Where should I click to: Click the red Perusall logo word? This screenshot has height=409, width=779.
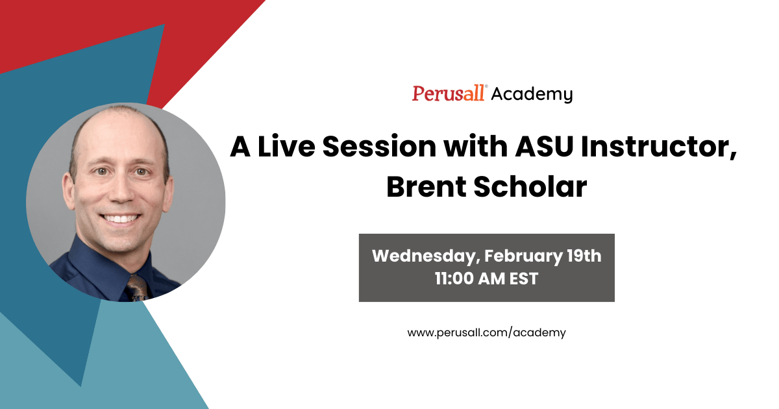point(449,93)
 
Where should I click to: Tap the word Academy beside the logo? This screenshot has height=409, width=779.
point(532,95)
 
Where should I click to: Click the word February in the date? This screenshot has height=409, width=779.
point(519,256)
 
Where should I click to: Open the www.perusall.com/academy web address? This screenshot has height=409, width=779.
point(486,332)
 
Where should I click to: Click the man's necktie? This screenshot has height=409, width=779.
point(137,288)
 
